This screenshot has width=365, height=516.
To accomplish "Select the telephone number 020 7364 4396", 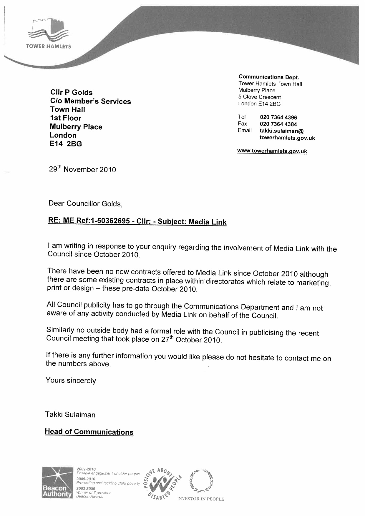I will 278,117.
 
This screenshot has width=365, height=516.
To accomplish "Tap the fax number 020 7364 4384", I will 278,124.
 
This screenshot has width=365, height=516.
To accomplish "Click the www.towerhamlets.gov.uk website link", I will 272,151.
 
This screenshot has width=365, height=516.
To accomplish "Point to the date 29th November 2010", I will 82,169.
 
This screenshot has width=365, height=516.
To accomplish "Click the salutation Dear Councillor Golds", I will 85,203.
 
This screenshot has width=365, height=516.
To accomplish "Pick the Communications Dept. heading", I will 268,77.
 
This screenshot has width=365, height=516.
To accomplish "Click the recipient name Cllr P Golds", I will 71,92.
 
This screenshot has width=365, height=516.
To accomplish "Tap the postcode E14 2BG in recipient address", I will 66,144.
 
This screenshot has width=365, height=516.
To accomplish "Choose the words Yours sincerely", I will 71,380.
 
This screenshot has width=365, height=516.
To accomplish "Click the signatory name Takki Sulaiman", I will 70,415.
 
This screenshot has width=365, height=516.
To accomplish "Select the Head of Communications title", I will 89,432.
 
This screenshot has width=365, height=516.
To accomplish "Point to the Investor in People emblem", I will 201,485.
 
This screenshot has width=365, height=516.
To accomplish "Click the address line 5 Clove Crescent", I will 259,97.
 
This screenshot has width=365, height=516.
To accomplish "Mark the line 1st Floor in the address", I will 65,118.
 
